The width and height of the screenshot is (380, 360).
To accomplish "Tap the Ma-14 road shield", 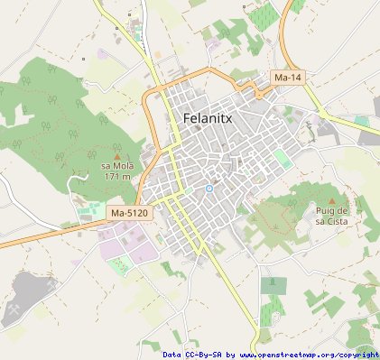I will [x=288, y=78].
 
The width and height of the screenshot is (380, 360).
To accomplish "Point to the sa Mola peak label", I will [x=116, y=166].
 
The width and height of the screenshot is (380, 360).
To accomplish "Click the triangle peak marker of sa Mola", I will [x=116, y=155].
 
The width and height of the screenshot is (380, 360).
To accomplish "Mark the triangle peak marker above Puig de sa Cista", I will [x=332, y=200].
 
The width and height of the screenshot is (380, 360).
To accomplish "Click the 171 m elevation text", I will [x=117, y=177].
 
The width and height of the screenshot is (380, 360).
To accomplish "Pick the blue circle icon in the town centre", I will [x=209, y=189].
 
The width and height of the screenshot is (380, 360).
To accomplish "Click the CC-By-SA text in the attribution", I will [x=208, y=355].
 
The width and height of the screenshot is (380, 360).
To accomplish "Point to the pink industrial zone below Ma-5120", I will [x=123, y=242].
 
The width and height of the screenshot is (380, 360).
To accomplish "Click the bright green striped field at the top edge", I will [x=263, y=15].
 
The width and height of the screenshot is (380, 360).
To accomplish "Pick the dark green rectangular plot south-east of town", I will [x=273, y=286].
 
